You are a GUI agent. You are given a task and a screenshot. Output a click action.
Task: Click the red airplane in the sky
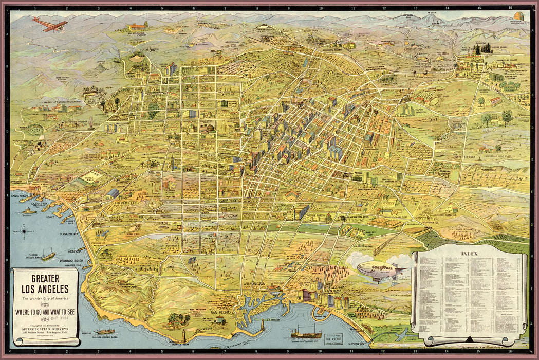(x=49, y=24)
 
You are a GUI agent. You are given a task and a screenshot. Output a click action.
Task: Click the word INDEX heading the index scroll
(x=469, y=254)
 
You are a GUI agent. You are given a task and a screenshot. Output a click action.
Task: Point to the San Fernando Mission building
(x=138, y=26)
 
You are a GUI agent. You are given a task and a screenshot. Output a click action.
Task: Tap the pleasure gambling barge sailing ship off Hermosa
(x=47, y=254)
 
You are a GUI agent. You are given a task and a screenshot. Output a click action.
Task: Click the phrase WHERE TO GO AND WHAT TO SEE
(x=45, y=310)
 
